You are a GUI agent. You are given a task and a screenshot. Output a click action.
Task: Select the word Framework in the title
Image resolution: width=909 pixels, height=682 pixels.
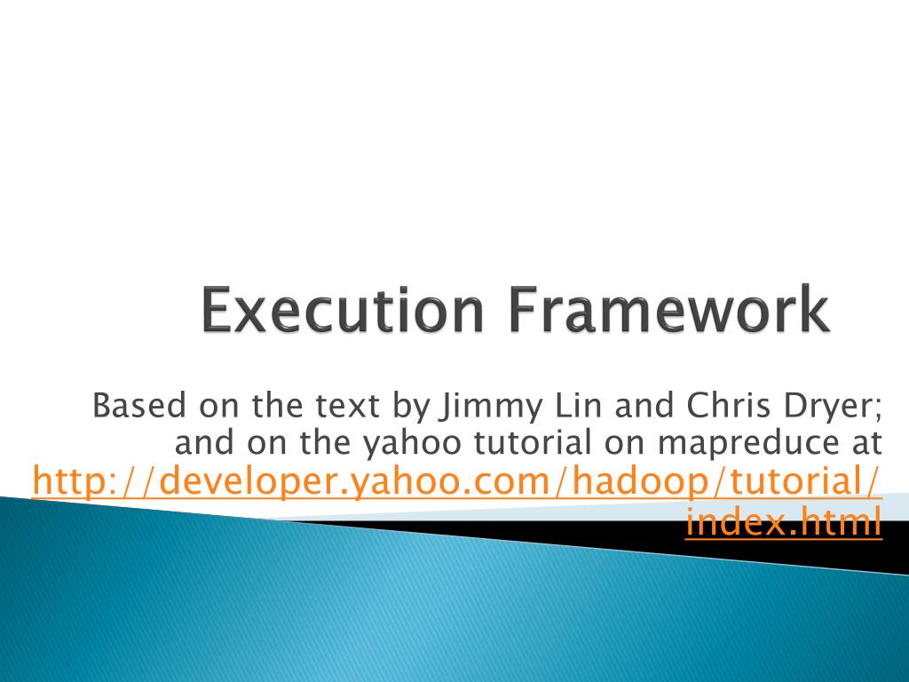pos(669,311)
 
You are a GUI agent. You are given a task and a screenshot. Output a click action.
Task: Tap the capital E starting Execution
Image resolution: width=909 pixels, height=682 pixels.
pos(213,311)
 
